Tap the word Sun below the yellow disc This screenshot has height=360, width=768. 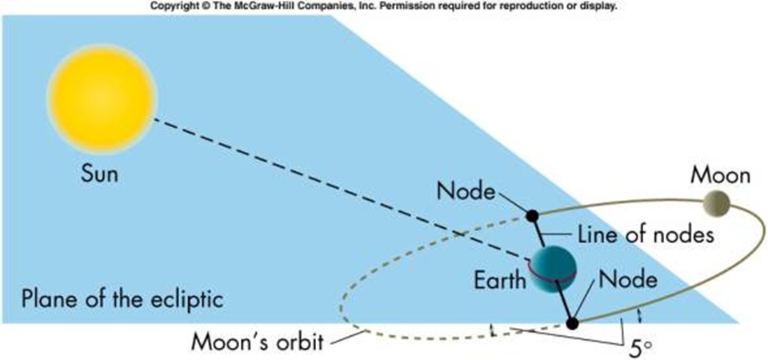point(99,174)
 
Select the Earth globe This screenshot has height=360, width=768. point(552,270)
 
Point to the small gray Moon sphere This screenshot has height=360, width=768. point(717,204)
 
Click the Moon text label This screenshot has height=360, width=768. point(720,175)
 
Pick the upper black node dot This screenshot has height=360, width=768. point(531,215)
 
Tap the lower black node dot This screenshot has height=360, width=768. point(571,323)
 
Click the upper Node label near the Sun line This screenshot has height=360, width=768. point(466,191)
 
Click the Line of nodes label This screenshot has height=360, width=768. point(646,235)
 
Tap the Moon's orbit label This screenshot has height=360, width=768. point(258,342)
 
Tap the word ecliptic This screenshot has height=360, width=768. point(190,298)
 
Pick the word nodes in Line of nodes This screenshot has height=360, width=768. point(688,235)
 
